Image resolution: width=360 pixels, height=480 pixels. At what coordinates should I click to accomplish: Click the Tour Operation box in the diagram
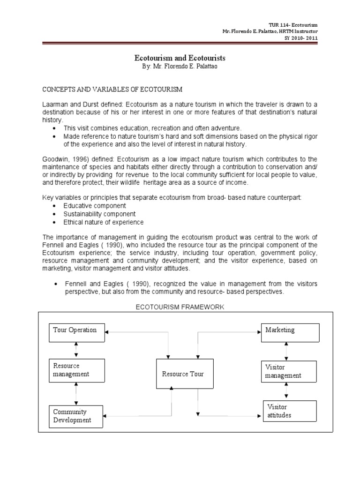click(x=76, y=333)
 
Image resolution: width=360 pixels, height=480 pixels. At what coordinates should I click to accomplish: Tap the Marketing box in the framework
click(x=290, y=333)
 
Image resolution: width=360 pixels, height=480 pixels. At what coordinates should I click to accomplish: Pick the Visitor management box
click(x=290, y=372)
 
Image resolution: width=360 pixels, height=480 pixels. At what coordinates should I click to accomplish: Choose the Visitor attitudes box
click(x=290, y=411)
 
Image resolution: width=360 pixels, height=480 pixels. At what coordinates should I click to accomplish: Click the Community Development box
click(x=76, y=416)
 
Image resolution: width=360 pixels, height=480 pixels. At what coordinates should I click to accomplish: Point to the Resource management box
click(x=76, y=370)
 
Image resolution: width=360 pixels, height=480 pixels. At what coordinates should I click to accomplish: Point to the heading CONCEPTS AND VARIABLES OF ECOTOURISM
click(x=112, y=89)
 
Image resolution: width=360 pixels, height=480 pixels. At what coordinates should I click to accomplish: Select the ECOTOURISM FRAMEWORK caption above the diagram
click(x=180, y=307)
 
